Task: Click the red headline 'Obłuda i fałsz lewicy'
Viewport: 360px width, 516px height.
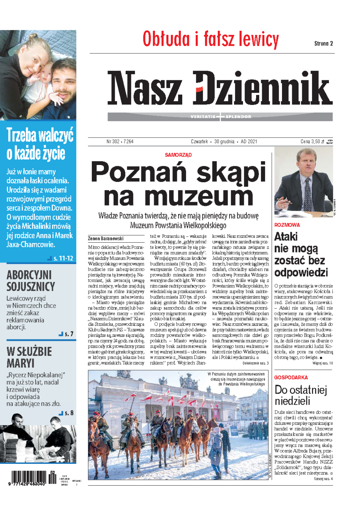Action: point(211,40)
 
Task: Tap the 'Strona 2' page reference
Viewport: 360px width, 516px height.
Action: point(323,43)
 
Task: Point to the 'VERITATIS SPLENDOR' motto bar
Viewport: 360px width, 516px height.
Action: point(220,117)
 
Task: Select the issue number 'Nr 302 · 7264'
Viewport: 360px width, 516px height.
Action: point(120,141)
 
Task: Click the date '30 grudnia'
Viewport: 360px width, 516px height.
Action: point(224,141)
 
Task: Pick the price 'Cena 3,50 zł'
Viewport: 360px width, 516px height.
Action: point(312,141)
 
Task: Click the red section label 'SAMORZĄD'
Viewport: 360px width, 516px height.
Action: point(178,155)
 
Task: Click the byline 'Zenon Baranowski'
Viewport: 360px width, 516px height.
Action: point(106,238)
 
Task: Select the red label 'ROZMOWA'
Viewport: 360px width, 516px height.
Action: point(287,225)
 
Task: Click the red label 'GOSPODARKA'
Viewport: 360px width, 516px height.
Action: point(291,377)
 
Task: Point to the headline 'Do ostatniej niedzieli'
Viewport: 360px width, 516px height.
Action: point(300,395)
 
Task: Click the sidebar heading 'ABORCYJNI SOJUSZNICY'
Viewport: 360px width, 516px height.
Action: point(31,281)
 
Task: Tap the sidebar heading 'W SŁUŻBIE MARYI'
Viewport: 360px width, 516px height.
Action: point(29,357)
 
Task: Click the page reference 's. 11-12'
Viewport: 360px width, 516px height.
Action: point(63,258)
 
